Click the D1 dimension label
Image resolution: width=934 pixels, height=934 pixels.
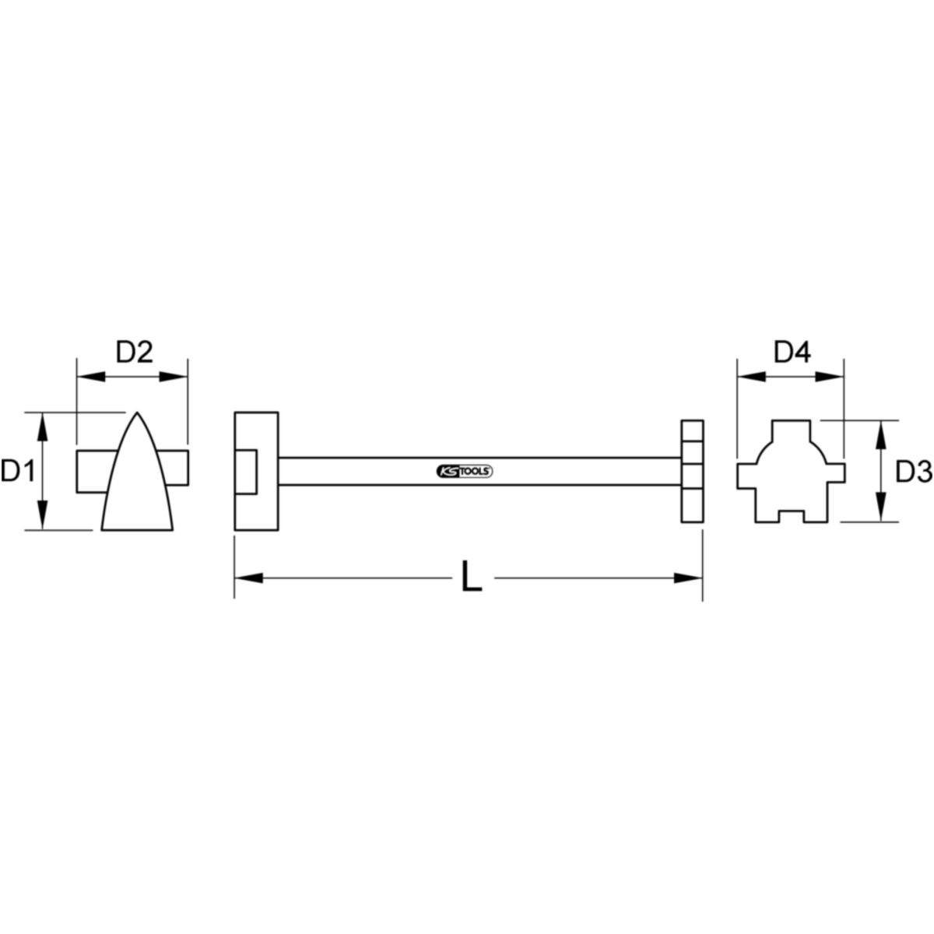[x=19, y=472]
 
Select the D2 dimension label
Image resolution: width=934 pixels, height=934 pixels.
[x=134, y=353]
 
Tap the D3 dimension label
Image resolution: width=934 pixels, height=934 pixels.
[x=914, y=472]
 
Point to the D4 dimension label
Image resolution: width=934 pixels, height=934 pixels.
[x=792, y=353]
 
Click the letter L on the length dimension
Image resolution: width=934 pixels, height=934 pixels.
[x=472, y=576]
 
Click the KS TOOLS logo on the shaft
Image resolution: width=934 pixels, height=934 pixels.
[x=465, y=471]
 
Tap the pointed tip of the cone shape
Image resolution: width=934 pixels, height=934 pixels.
[x=137, y=413]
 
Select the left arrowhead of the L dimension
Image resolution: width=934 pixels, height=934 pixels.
[x=248, y=578]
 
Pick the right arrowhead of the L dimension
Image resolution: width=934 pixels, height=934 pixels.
[x=688, y=578]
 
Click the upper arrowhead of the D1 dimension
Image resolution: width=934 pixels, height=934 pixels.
[x=43, y=427]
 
